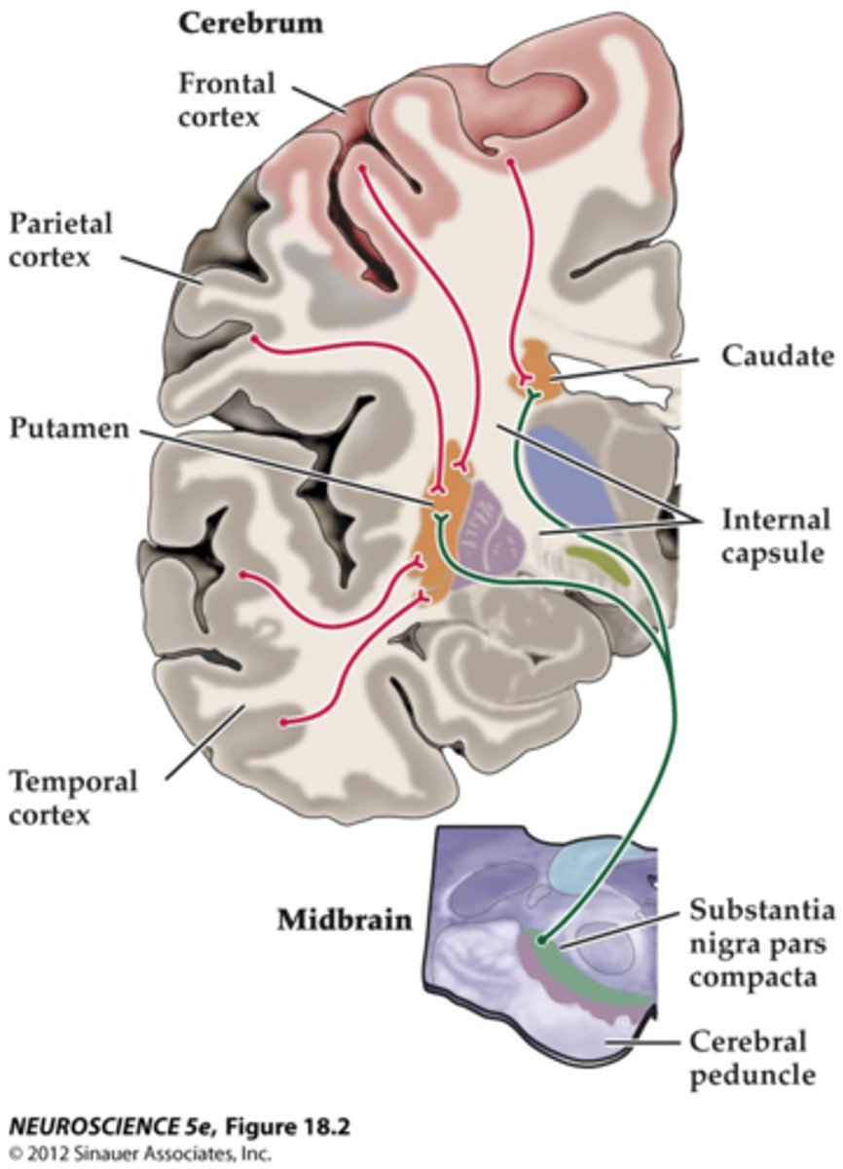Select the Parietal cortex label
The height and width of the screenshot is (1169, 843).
click(x=61, y=240)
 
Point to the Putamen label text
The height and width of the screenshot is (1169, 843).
click(x=70, y=429)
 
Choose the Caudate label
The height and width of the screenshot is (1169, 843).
click(x=777, y=356)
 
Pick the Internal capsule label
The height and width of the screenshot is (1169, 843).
click(x=776, y=535)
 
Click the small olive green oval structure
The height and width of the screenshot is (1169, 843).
click(x=597, y=557)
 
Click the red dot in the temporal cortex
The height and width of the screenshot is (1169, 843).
click(x=283, y=723)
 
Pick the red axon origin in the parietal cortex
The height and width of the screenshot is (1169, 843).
click(x=255, y=339)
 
